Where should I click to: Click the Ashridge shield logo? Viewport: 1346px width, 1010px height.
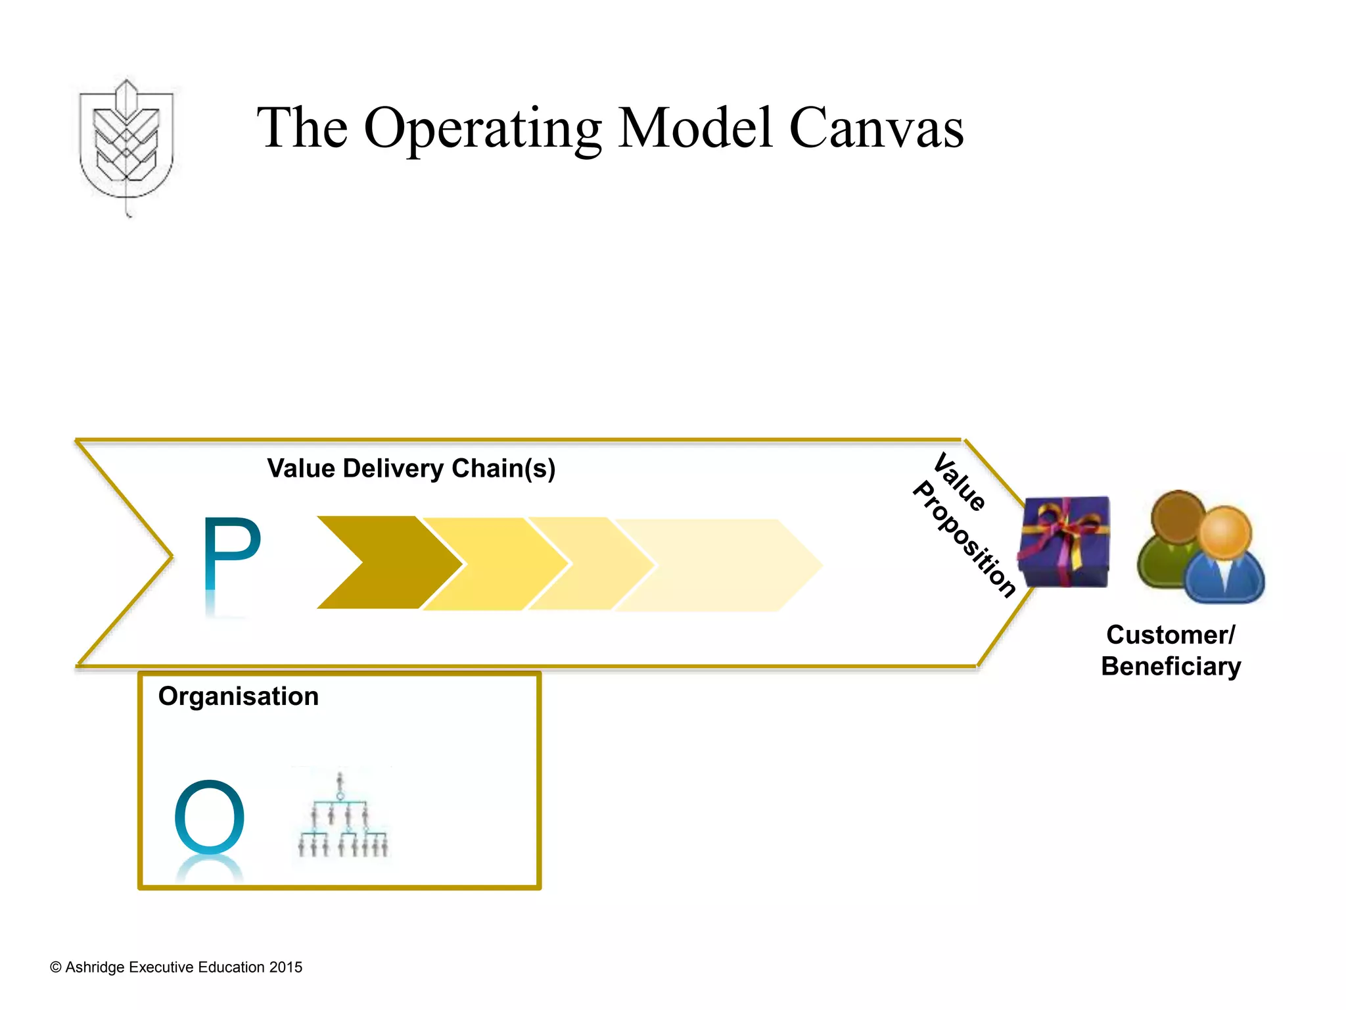pyautogui.click(x=126, y=141)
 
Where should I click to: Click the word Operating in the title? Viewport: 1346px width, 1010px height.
pyautogui.click(x=482, y=128)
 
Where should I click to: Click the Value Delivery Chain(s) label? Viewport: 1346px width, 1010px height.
pyautogui.click(x=411, y=469)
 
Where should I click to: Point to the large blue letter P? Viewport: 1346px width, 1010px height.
pyautogui.click(x=231, y=556)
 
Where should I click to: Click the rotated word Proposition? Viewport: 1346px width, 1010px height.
pyautogui.click(x=964, y=539)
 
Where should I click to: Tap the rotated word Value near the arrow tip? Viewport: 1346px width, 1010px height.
pyautogui.click(x=960, y=482)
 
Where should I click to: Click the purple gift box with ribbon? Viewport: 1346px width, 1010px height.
pyautogui.click(x=1063, y=542)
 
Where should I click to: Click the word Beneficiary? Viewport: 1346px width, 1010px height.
pyautogui.click(x=1171, y=667)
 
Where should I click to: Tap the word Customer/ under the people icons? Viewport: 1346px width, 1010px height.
pyautogui.click(x=1171, y=635)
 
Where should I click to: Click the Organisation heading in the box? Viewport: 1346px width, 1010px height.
pyautogui.click(x=238, y=696)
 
